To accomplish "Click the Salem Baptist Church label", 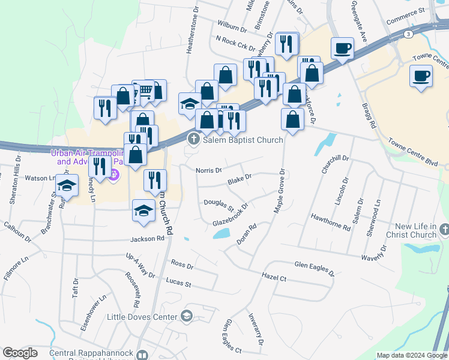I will pos(243,140).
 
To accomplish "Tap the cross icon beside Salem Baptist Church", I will pos(193,140).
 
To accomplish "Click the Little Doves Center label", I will pos(143,316).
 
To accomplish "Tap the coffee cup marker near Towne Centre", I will pos(421,76).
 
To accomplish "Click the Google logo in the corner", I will pos(20,353).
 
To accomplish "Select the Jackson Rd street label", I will pos(148,239).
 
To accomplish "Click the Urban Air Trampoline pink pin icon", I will pos(115,175).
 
